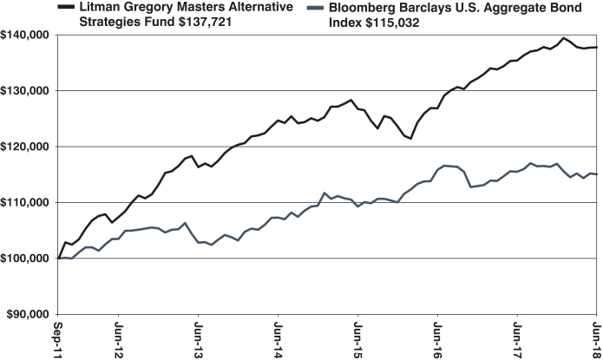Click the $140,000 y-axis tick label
coord(26,35)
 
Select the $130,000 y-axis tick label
coord(26,90)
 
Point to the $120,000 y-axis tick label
coord(26,147)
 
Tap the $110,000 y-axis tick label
coord(26,202)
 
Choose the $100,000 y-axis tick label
coord(26,259)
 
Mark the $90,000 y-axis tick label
coord(29,314)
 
